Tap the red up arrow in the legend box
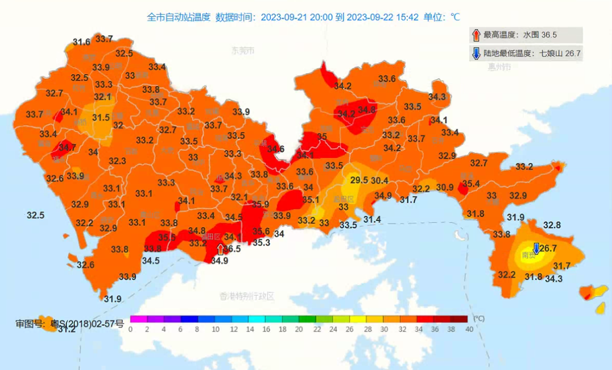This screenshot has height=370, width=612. [x=476, y=35]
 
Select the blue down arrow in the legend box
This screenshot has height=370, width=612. [x=476, y=54]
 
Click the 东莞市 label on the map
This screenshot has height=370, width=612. [x=243, y=50]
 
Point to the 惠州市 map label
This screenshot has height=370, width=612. [x=499, y=67]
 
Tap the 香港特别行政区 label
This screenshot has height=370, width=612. [x=247, y=296]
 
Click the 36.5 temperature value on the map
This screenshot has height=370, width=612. [x=232, y=249]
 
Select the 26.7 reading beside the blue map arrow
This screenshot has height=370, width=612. [x=548, y=249]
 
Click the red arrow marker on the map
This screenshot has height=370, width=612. [x=220, y=249]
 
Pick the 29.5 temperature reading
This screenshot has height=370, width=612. [x=359, y=180]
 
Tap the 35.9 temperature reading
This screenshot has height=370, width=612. [x=260, y=205]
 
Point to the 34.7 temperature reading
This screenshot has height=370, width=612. [x=67, y=147]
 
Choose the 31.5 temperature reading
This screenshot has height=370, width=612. [x=101, y=118]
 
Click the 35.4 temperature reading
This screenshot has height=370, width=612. [x=471, y=184]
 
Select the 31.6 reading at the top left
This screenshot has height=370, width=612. [x=82, y=42]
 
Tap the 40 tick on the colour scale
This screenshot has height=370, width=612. [x=468, y=329]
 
